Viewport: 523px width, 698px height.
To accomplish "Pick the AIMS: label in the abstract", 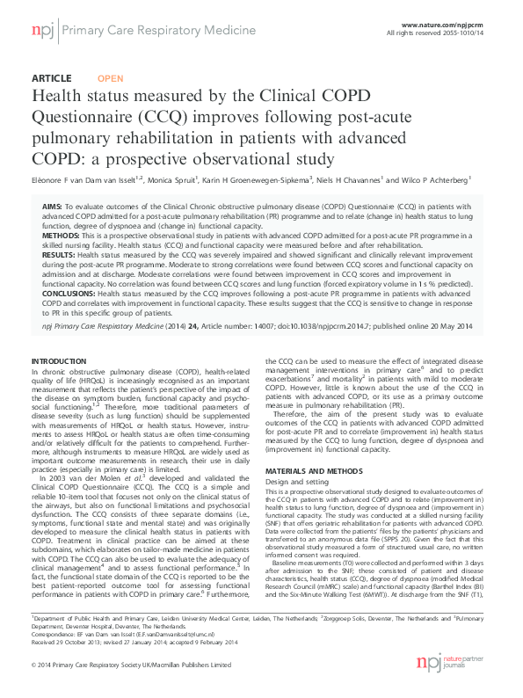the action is coord(53,205).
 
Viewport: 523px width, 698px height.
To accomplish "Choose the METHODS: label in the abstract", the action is coord(62,236).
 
